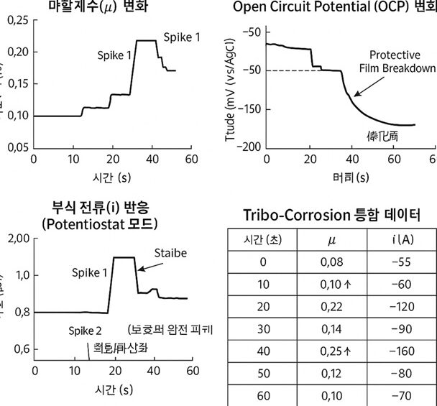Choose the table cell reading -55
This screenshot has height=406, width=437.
coord(400,260)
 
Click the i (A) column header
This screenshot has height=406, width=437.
coord(400,239)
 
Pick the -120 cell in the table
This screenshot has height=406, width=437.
coord(400,305)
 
